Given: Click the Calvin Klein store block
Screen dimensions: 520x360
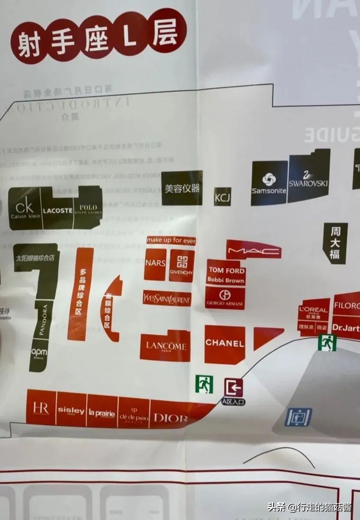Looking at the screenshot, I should (25, 209).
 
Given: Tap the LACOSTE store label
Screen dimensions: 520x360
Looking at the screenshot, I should (58, 210).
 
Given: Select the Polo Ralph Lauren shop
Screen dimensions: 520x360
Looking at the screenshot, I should (88, 209).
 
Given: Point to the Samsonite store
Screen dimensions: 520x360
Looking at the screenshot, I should (269, 183).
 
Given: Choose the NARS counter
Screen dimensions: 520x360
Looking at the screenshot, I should (155, 264).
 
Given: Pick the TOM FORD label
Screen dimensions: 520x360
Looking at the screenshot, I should (226, 270).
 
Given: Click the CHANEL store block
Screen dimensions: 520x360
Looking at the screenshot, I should (225, 344).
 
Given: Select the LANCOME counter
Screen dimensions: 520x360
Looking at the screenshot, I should (165, 346).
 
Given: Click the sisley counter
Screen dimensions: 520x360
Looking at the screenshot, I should (71, 410).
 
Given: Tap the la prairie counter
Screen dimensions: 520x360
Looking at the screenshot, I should (102, 412).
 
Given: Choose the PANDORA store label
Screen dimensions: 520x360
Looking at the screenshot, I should (43, 320).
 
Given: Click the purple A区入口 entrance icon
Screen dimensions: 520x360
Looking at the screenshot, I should (234, 388).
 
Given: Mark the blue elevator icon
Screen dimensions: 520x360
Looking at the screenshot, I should (298, 417).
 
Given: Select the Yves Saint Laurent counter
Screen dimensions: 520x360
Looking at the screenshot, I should (167, 299).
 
